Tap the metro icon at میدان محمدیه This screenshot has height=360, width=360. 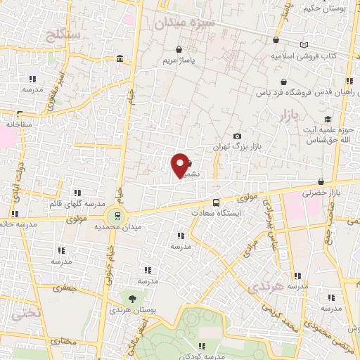117,216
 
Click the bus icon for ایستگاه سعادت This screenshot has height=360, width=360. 217,200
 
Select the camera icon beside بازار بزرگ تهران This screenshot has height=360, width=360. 237,136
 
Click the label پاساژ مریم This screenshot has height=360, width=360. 179,61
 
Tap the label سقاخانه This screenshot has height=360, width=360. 20,124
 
